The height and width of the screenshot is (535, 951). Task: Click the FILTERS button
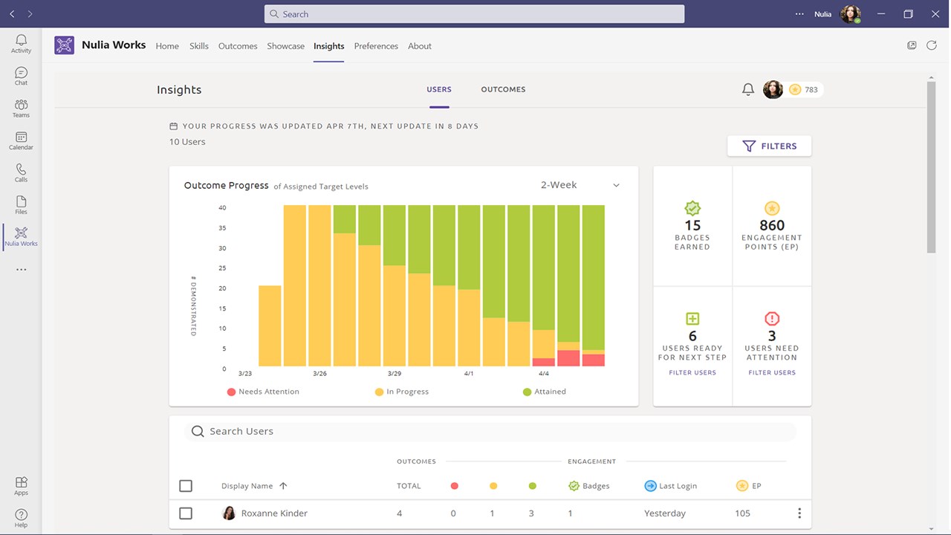[x=769, y=146]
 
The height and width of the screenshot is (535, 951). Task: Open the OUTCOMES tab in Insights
[x=503, y=89]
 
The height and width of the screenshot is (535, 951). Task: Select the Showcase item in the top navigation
[x=285, y=46]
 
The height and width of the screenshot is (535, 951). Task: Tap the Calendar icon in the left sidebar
[x=21, y=137]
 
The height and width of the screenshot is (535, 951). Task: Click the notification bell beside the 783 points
[x=748, y=89]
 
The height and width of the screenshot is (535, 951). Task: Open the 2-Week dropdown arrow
[x=616, y=185]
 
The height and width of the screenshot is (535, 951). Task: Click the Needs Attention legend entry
[x=263, y=392]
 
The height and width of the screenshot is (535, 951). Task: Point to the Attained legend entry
[x=545, y=392]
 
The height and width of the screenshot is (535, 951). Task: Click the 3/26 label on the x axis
[x=319, y=374]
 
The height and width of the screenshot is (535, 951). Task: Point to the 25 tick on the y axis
[x=222, y=268]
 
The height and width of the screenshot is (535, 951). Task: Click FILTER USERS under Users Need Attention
[x=772, y=372]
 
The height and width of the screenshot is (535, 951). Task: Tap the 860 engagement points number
[x=772, y=225]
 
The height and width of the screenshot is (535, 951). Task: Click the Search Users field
[x=490, y=432]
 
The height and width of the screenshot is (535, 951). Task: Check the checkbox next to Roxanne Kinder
[x=186, y=513]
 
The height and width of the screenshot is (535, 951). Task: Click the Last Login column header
[x=671, y=486]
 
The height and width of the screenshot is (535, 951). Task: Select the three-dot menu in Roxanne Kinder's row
[x=799, y=513]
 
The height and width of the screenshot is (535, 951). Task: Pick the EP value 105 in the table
[x=742, y=513]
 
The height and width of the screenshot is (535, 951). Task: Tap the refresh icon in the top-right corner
[x=932, y=45]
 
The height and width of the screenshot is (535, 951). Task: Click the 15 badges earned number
[x=692, y=225]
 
